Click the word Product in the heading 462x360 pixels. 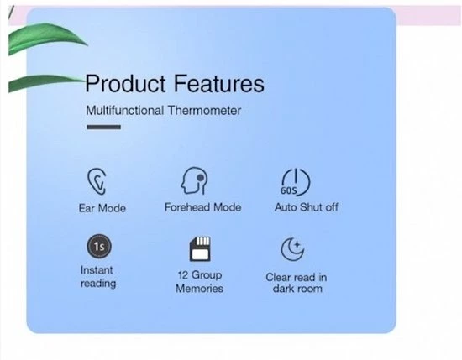[x=121, y=84]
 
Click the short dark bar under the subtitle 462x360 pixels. [x=103, y=127]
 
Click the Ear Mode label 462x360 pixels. [x=102, y=207]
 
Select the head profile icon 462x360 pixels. [x=197, y=180]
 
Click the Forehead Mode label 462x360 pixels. [x=202, y=206]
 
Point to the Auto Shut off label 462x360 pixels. [x=306, y=207]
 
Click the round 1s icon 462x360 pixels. [x=98, y=248]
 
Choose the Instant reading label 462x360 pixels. [x=97, y=277]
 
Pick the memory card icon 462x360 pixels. [x=200, y=248]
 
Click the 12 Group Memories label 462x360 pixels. [x=199, y=281]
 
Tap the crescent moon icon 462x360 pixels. [x=291, y=249]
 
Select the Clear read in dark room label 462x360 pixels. [x=297, y=283]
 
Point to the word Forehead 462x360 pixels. [x=186, y=206]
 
